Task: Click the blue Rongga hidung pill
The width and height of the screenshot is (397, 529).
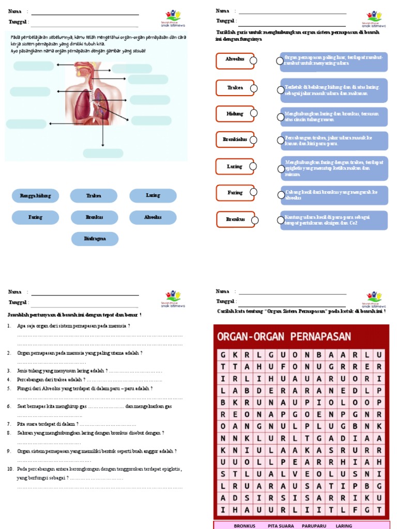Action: pos(35,196)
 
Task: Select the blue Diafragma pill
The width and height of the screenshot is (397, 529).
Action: pos(95,239)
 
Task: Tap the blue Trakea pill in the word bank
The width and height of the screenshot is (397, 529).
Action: pos(95,196)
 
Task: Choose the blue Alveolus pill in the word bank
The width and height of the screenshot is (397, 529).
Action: pos(152,217)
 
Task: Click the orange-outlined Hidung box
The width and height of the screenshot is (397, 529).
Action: pos(235,114)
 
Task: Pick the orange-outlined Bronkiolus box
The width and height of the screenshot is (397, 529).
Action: pos(235,139)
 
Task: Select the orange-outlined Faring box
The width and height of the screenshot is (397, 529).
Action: pos(235,193)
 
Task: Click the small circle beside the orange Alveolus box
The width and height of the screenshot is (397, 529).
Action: pos(253,61)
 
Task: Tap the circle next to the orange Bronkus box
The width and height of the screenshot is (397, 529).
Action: pos(253,220)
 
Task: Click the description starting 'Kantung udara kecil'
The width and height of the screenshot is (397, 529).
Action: pos(334,220)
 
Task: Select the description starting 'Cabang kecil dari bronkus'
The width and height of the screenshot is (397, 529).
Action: pos(334,195)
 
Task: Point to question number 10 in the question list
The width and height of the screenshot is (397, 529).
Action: pos(10,469)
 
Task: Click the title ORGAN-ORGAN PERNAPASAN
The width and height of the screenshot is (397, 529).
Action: pos(284,337)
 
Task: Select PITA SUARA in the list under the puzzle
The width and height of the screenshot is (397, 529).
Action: pos(281,526)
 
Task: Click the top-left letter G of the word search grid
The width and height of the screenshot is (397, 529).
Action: pos(223,355)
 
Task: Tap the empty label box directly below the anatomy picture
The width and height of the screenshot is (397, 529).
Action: pos(103,153)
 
